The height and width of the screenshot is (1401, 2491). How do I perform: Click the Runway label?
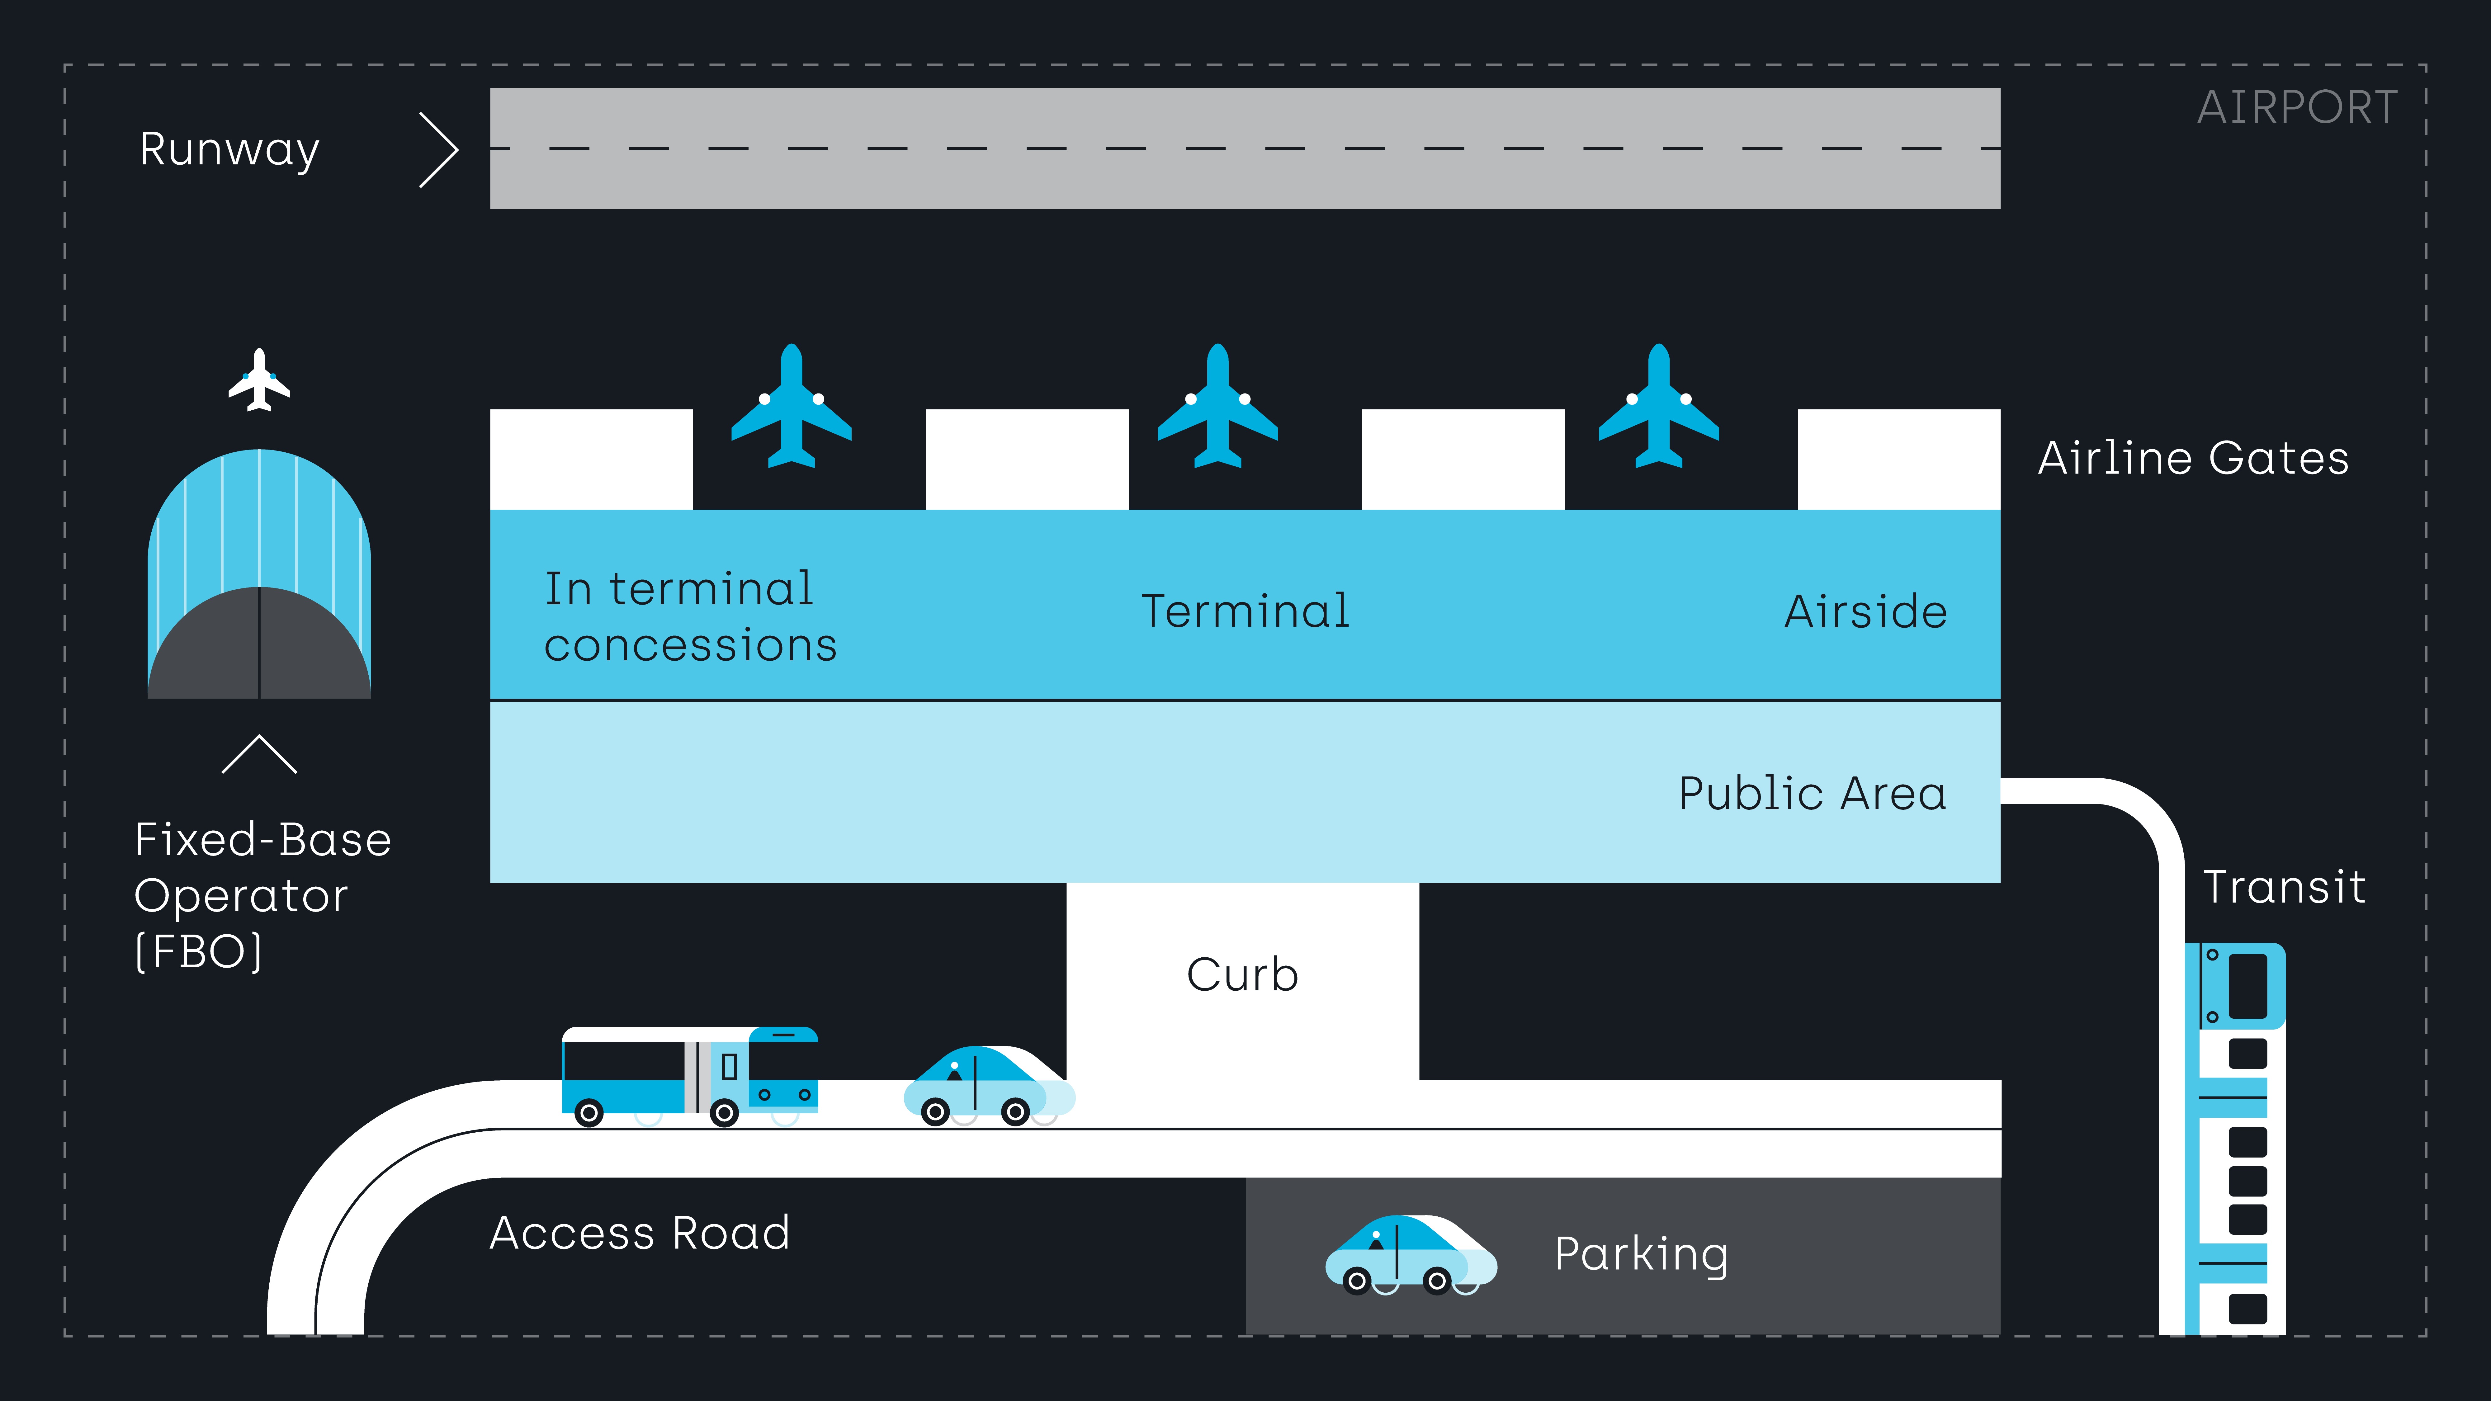[229, 150]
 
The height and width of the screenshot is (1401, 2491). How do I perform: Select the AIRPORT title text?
[2297, 107]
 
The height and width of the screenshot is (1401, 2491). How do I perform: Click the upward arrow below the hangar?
[259, 754]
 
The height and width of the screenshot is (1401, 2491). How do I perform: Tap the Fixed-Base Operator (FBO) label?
[261, 894]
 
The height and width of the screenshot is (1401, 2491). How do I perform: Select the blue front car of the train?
[2236, 986]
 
